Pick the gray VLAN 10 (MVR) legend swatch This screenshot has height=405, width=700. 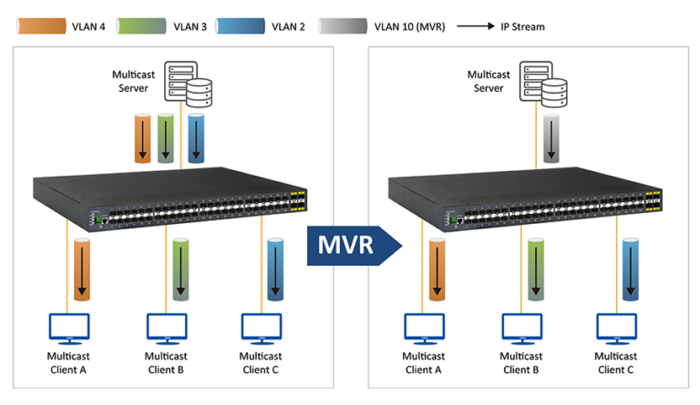[x=343, y=26]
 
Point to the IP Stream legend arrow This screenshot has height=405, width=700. [x=476, y=26]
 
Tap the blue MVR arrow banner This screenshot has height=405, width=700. [x=355, y=243]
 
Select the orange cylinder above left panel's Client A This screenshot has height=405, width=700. [x=81, y=269]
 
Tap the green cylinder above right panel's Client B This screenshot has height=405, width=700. [x=537, y=269]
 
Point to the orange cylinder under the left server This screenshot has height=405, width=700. [x=142, y=138]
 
